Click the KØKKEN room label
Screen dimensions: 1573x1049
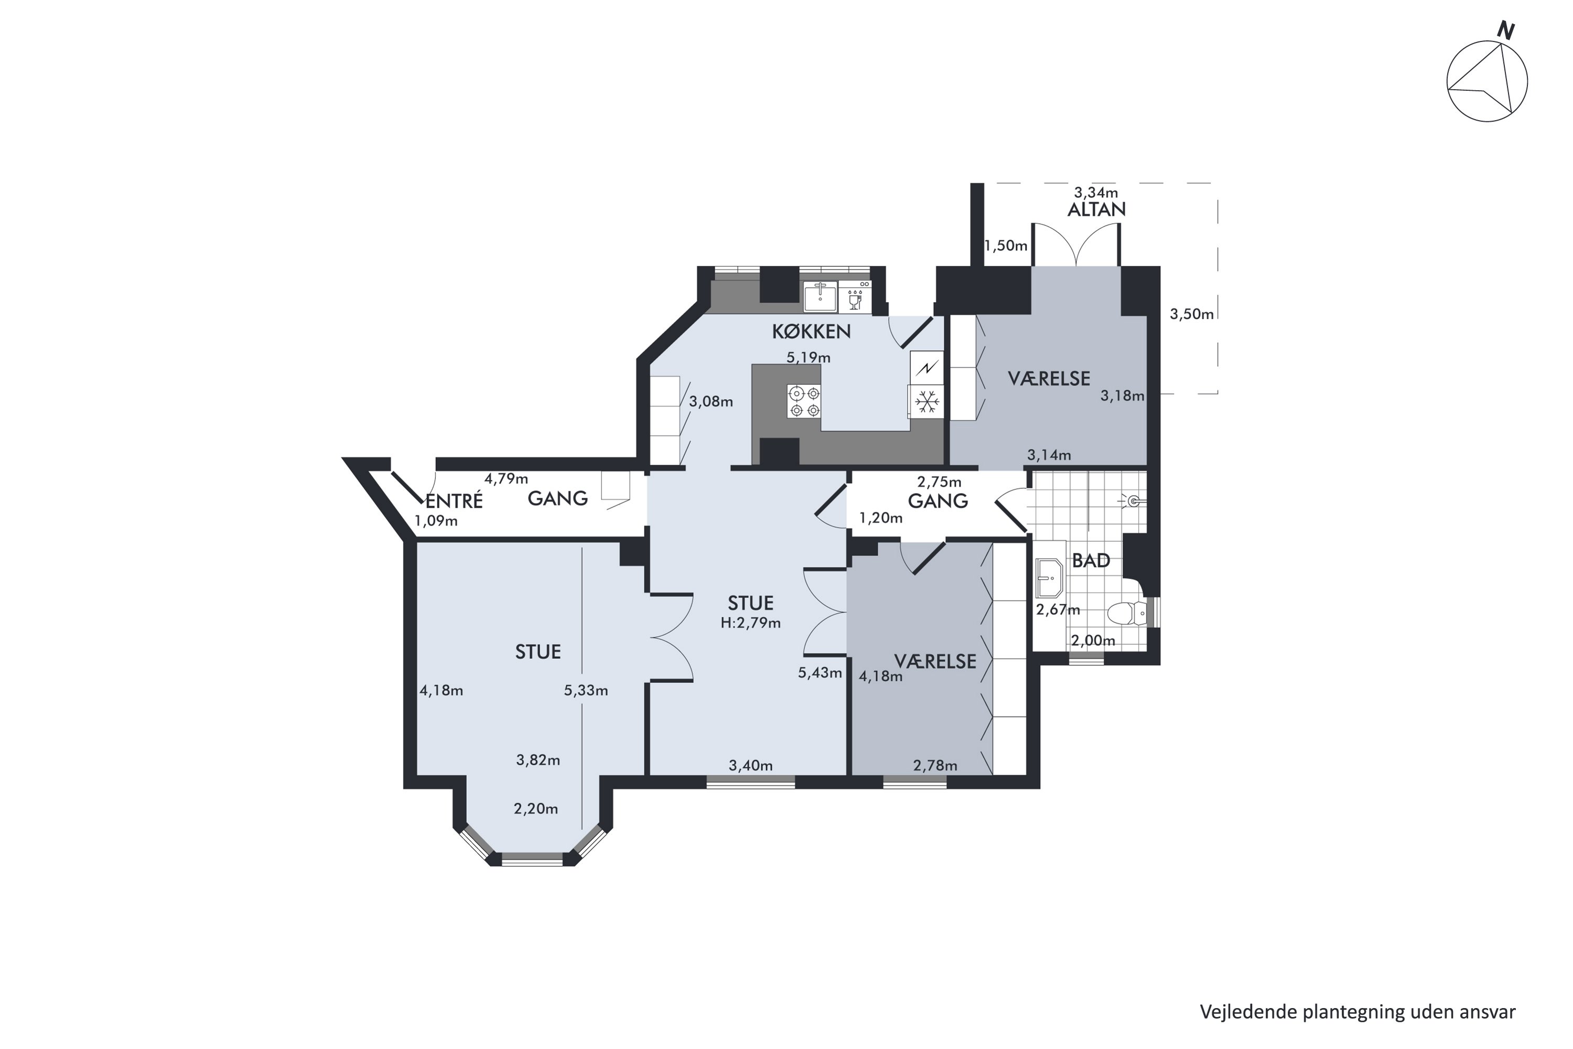tap(811, 331)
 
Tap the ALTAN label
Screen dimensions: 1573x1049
tap(1096, 209)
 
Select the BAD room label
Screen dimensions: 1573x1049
tap(1091, 561)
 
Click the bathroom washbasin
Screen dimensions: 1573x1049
tap(1049, 578)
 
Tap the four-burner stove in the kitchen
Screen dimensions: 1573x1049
tap(803, 401)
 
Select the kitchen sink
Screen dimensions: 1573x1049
tap(821, 296)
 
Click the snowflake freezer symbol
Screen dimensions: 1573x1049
tap(927, 401)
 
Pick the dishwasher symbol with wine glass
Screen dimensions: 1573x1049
tap(855, 297)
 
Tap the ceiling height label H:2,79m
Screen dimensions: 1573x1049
tap(750, 623)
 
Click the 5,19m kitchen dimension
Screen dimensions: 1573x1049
tap(808, 358)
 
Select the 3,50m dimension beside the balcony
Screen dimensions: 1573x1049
tap(1192, 314)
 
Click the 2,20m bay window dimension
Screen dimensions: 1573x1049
tap(536, 809)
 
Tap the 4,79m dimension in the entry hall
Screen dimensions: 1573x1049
tap(507, 478)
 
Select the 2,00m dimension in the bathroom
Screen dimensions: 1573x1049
tap(1093, 640)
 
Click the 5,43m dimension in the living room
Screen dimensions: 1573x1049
tap(820, 673)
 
